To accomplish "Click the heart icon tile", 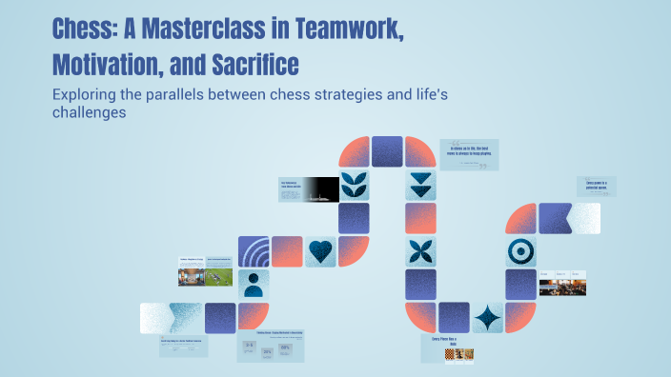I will coord(322,252).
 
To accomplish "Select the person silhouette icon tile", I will coord(254,285).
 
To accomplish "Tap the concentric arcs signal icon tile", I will coord(254,252).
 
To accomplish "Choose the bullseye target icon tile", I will coord(520,251).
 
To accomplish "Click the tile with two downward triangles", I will coord(420,185).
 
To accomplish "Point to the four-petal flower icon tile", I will coord(420,251).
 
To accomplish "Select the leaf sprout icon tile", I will coord(356,185).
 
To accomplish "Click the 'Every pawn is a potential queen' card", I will coord(597,186).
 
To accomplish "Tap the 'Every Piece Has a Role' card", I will coord(447,340).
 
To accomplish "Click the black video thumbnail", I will coord(322,188).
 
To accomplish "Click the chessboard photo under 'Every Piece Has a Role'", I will coord(458,354).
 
